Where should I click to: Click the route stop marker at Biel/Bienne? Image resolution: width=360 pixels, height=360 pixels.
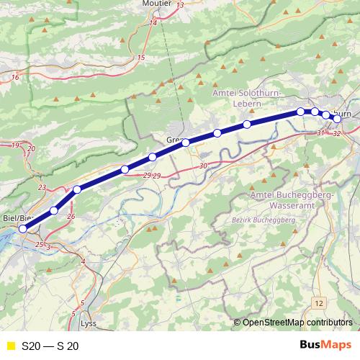point(23,229)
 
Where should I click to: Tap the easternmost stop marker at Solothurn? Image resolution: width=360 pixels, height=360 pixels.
point(336,118)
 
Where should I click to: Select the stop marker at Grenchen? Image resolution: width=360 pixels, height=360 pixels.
point(186,143)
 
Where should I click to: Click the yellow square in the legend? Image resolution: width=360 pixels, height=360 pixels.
point(10,346)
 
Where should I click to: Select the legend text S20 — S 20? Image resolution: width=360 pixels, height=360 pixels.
point(50,346)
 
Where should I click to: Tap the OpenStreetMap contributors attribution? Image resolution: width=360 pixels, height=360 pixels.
point(297,323)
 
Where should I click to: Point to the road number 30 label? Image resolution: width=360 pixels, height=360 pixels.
point(204,166)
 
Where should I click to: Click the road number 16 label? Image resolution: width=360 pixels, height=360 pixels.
point(15,76)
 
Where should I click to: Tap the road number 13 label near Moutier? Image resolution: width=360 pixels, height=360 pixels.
point(180,5)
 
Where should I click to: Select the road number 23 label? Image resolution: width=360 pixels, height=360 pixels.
point(41,188)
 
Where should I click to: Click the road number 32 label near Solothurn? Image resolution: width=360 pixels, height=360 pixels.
point(337,134)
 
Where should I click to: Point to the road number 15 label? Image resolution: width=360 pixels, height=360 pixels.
point(141,57)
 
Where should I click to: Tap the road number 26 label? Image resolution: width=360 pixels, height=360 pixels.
point(71,216)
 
